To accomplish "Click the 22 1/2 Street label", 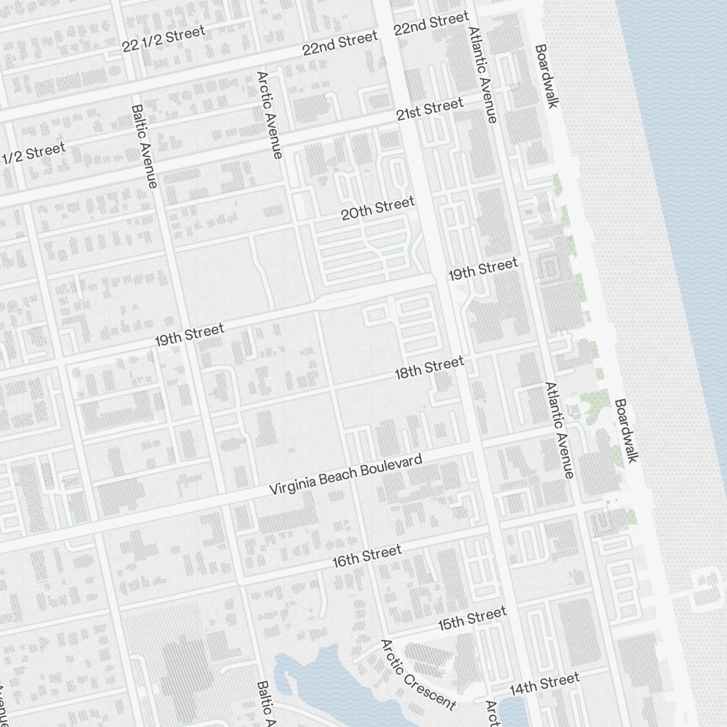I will coord(164,39).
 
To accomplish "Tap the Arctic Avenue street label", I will coord(268,114).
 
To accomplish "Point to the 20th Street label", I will coord(377,208).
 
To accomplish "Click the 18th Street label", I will coord(428,368).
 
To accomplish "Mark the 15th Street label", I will coord(472,619).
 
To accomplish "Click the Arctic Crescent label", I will coord(418,674).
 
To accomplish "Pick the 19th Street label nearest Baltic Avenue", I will coord(189,335).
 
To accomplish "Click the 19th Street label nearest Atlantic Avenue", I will coord(483,269).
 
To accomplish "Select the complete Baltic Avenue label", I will coord(143,146).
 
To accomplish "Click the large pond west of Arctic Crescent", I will coord(320,680).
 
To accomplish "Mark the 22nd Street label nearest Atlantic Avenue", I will coord(431,23).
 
